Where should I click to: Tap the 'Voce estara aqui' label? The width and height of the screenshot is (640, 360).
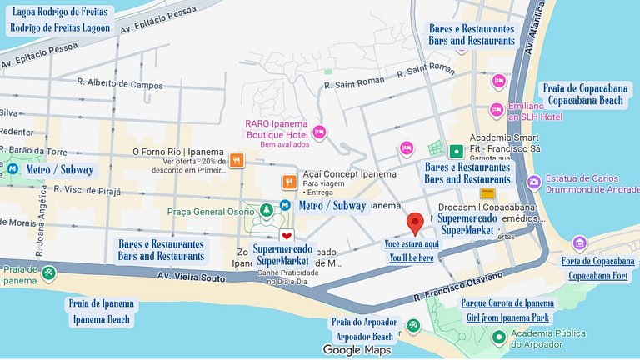pyautogui.click(x=411, y=243)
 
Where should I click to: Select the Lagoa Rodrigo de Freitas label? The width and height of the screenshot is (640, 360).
pyautogui.click(x=58, y=12)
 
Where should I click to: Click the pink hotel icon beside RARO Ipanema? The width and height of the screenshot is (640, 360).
pyautogui.click(x=318, y=132)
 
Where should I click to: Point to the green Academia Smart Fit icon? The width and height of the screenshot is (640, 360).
pyautogui.click(x=456, y=152)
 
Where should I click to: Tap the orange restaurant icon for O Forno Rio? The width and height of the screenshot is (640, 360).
pyautogui.click(x=237, y=161)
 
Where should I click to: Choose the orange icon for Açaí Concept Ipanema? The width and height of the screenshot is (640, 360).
pyautogui.click(x=289, y=182)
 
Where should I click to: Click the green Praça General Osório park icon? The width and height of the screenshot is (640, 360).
pyautogui.click(x=267, y=211)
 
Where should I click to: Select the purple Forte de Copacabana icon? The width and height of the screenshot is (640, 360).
pyautogui.click(x=579, y=243)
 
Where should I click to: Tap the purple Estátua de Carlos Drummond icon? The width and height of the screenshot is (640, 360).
pyautogui.click(x=534, y=181)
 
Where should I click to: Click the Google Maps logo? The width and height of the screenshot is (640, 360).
pyautogui.click(x=357, y=350)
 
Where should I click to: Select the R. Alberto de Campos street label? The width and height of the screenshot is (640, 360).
pyautogui.click(x=120, y=84)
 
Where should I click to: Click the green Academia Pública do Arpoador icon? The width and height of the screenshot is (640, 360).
pyautogui.click(x=498, y=337)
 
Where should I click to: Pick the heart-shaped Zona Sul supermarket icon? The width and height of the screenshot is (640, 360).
pyautogui.click(x=287, y=236)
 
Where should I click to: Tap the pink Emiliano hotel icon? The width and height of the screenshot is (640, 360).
pyautogui.click(x=497, y=110)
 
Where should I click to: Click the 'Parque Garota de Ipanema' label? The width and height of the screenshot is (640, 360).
pyautogui.click(x=507, y=302)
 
